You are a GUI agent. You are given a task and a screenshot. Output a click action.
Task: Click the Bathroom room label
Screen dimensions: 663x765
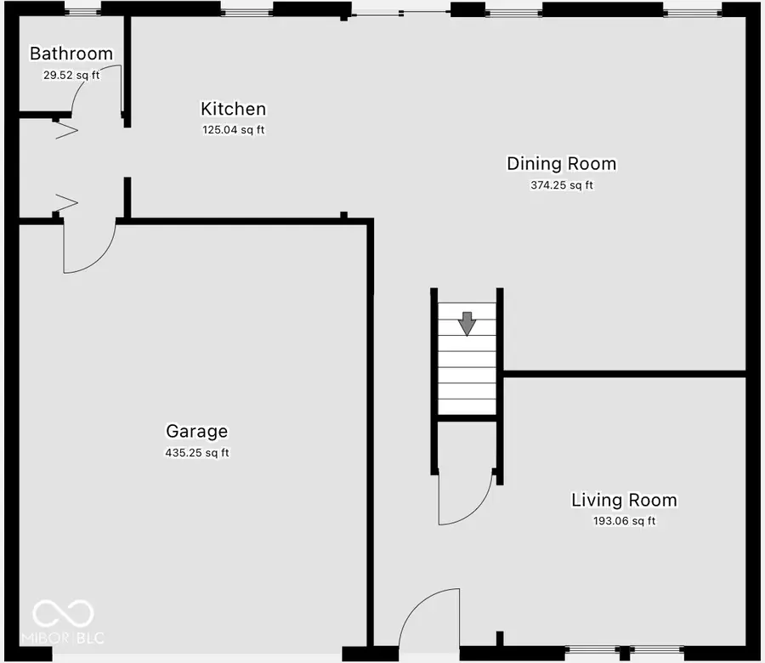[71, 54]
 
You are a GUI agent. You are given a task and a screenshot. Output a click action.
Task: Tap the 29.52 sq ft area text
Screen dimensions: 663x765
[71, 75]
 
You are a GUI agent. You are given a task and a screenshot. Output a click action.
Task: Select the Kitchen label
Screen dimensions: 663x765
[233, 109]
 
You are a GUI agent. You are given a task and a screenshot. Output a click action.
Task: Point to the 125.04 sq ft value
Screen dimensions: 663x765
[233, 130]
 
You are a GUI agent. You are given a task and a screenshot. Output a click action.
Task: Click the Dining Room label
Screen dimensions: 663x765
[561, 163]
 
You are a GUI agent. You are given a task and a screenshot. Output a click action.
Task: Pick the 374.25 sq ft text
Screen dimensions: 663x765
[561, 185]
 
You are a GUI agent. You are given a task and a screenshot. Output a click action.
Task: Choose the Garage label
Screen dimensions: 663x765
[196, 432]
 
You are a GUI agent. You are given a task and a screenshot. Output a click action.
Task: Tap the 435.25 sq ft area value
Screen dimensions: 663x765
[196, 453]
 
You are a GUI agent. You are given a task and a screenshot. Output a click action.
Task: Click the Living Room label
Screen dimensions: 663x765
[624, 500]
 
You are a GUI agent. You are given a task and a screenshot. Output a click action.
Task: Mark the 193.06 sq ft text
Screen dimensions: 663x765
[624, 521]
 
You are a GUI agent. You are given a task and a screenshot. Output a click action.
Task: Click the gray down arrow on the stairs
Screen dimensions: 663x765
[467, 323]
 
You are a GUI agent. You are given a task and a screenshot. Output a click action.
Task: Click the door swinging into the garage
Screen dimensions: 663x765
[89, 251]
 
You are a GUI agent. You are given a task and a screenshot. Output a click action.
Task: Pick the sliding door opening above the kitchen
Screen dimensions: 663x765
[399, 12]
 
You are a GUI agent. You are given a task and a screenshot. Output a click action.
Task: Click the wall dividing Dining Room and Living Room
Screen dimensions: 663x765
[625, 373]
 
